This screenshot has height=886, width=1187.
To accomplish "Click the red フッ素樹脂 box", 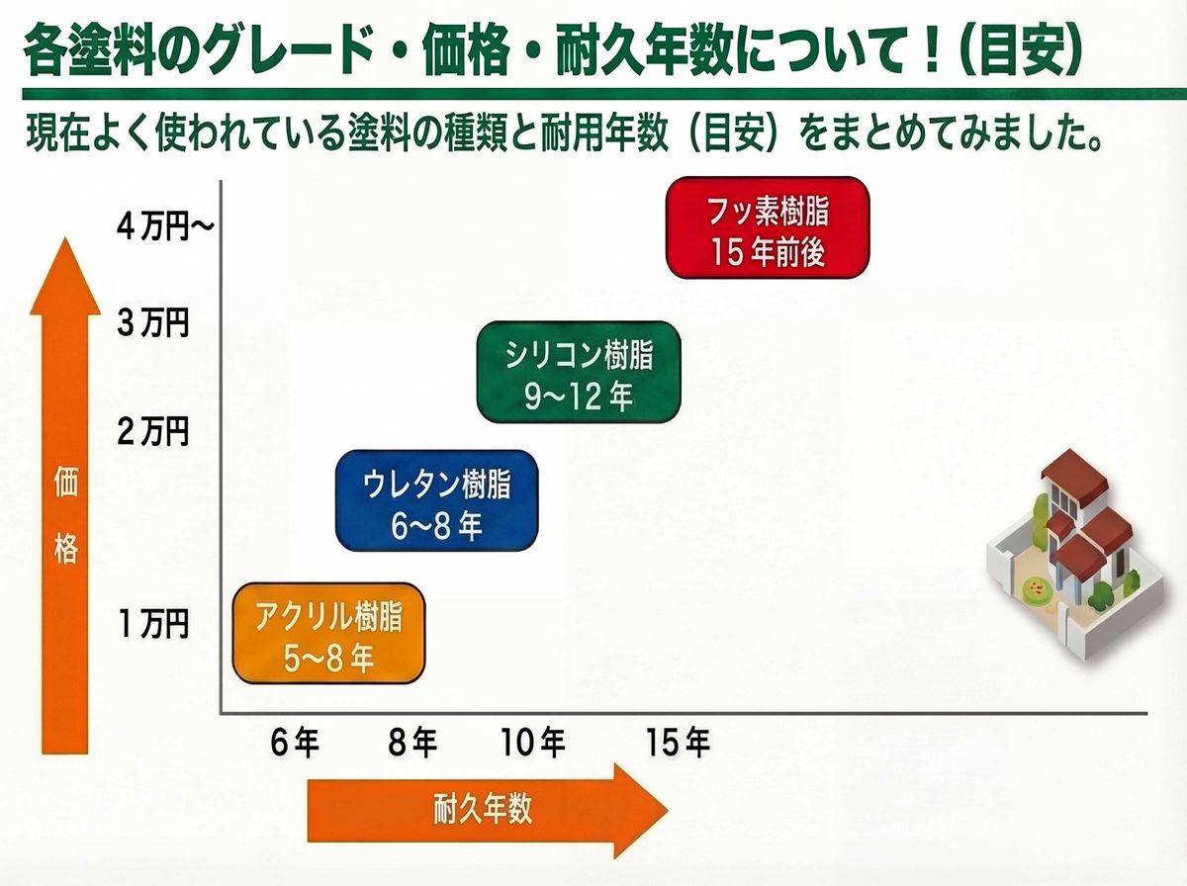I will tap(767, 227).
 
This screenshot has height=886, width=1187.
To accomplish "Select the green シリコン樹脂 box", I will tap(579, 372).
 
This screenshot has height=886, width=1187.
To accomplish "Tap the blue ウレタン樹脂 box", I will tap(436, 500).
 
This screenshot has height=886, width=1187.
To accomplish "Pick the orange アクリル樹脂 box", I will tap(328, 634).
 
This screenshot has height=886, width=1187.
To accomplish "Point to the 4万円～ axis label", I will tap(164, 226).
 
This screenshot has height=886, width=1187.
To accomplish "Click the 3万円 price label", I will tap(152, 323).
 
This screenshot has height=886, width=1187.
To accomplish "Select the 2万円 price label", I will tap(152, 432).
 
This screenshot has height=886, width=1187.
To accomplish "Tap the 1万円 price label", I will tap(152, 624).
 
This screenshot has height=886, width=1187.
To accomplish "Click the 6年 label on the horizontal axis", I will tap(295, 743).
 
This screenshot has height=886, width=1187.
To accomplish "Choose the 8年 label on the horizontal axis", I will tap(411, 743).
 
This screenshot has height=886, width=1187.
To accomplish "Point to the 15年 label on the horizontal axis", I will tap(678, 743).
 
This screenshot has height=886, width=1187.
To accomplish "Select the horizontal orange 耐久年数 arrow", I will tap(485, 810).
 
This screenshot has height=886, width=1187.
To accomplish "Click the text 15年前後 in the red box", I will tap(767, 253).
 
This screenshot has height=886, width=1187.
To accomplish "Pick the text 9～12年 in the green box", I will tap(579, 398).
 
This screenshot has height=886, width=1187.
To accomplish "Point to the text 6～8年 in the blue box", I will tap(436, 526).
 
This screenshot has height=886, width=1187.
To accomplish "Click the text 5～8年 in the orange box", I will tap(328, 658).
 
